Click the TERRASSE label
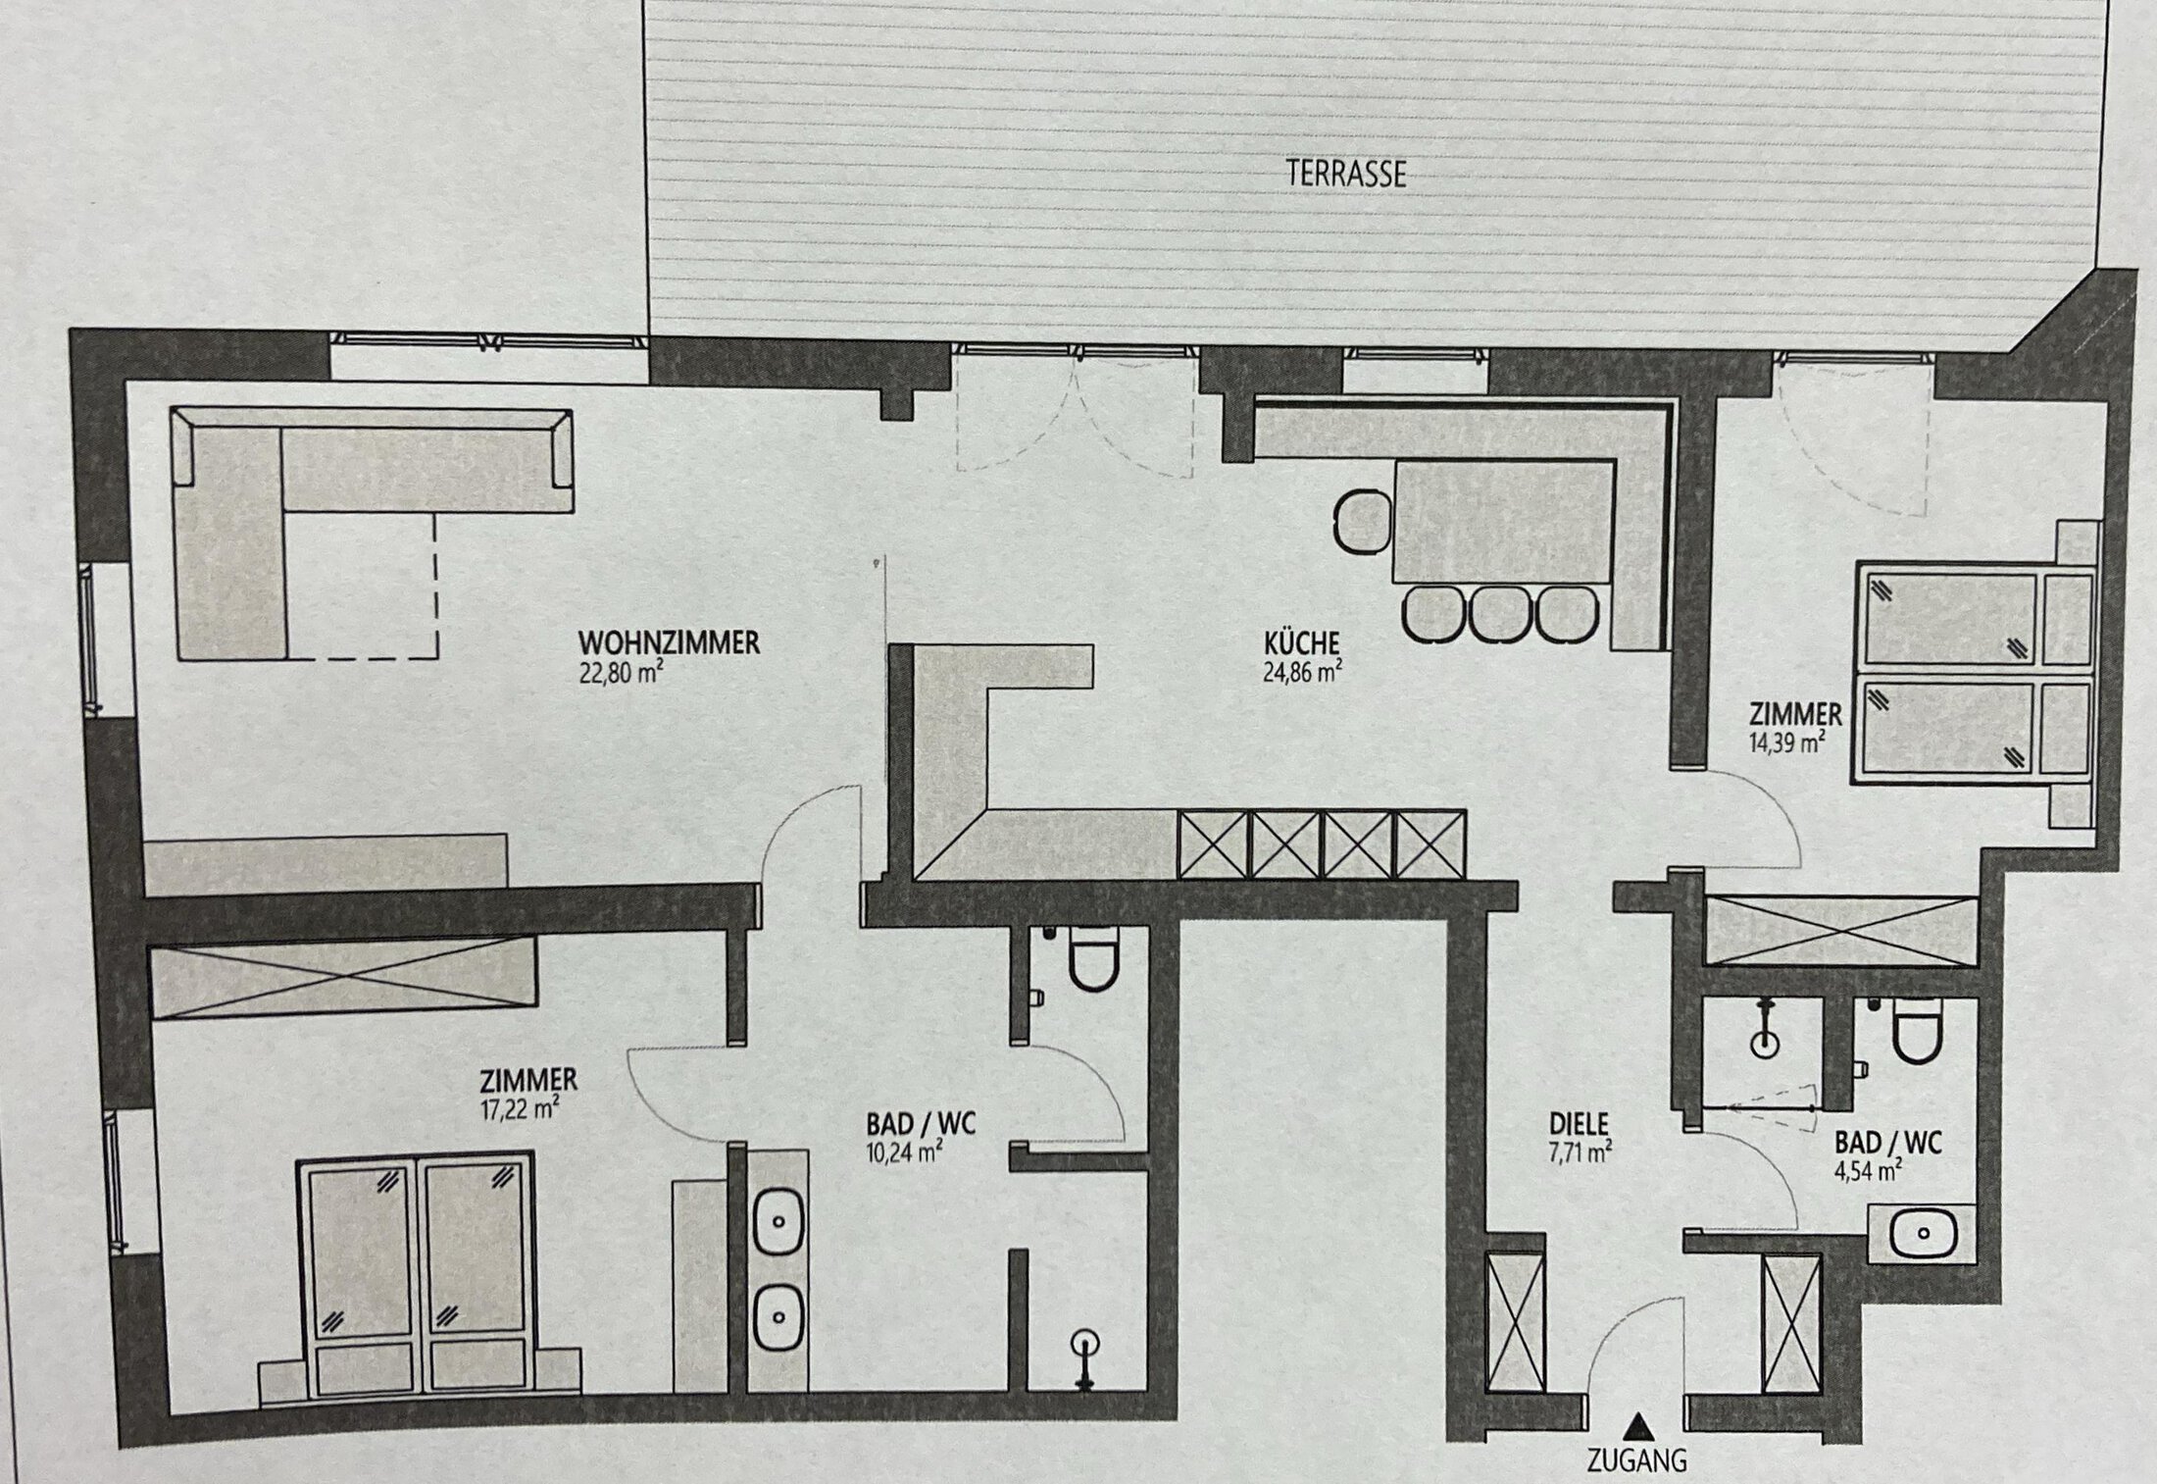pos(1346,174)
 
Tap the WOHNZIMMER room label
pos(669,643)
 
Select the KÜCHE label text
pos(1301,643)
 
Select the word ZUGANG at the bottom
pos(1637,1461)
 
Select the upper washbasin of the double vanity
pos(778,1223)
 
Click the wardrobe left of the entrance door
pos(1516,1320)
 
